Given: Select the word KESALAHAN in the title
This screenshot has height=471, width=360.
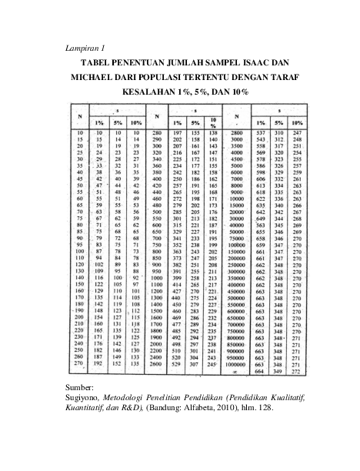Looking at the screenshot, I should pos(143,92).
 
